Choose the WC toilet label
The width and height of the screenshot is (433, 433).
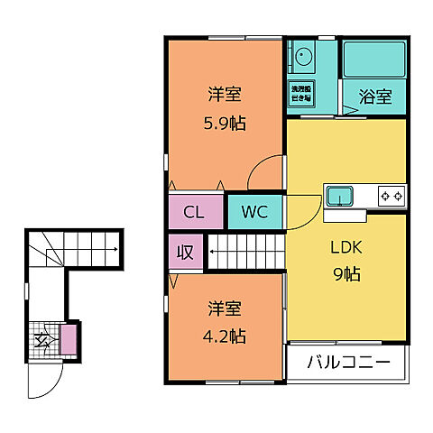(253, 213)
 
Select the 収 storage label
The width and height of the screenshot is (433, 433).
(185, 253)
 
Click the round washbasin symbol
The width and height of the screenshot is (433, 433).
(301, 59)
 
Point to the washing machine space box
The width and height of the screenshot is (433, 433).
(301, 94)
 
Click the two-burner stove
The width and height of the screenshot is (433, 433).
(391, 195)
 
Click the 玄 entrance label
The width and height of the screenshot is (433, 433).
(43, 340)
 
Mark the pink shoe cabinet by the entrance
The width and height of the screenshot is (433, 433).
(68, 340)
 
